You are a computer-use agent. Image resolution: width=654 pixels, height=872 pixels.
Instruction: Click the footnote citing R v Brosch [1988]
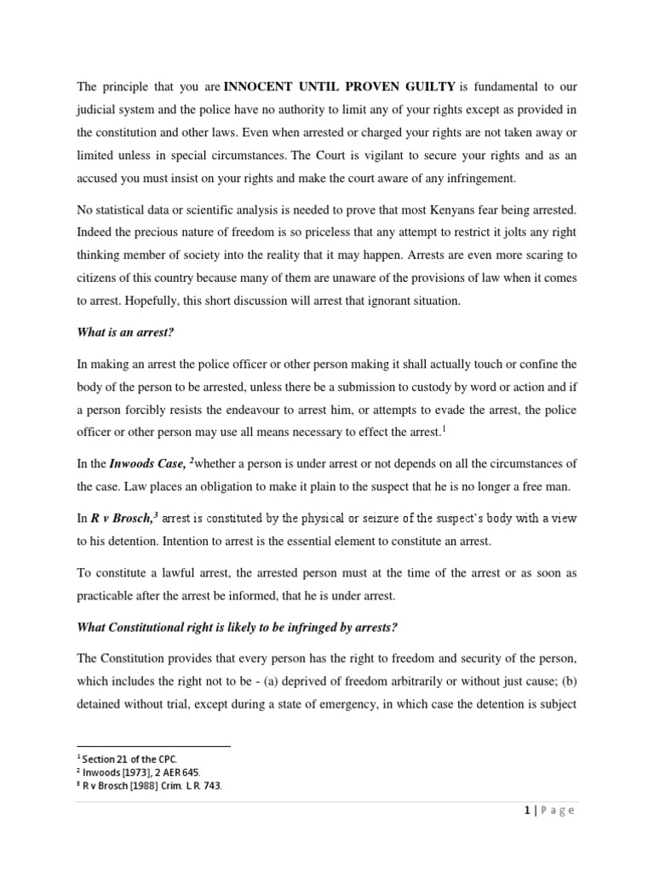[152, 786]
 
